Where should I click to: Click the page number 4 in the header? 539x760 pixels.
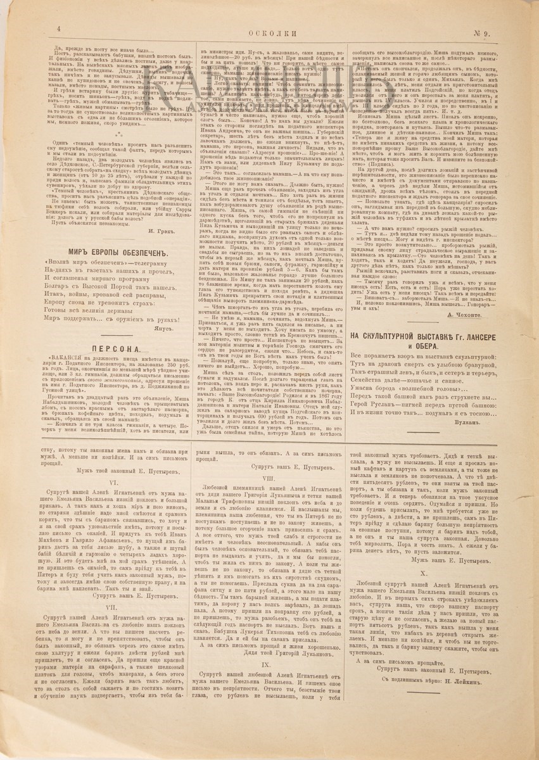pyautogui.click(x=58, y=28)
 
